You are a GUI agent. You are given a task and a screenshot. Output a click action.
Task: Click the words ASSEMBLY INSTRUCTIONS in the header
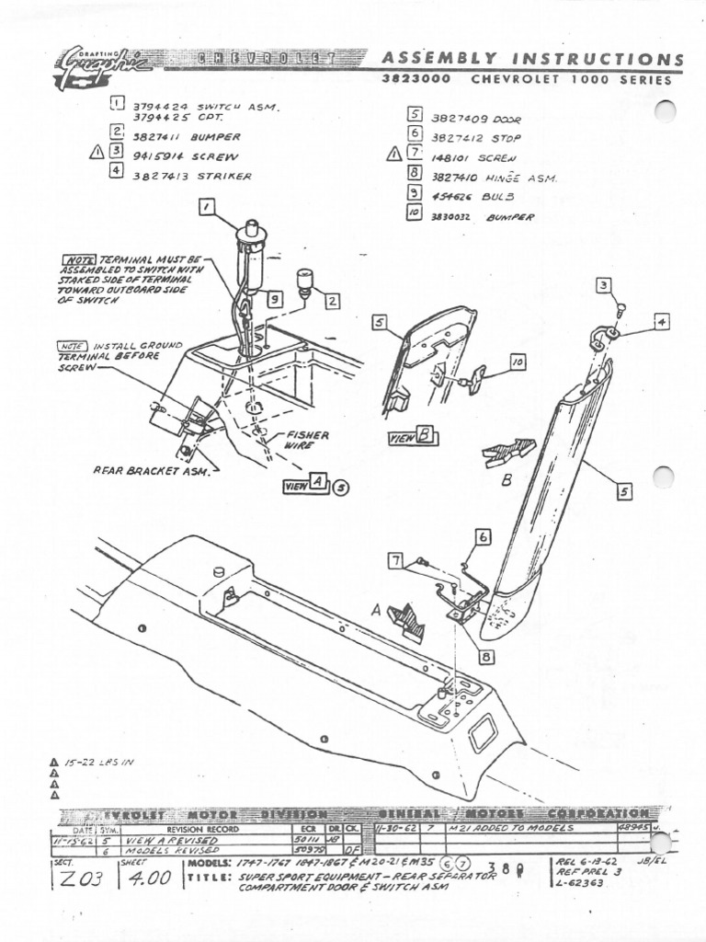(532, 60)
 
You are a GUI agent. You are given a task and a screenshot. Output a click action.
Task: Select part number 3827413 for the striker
(162, 175)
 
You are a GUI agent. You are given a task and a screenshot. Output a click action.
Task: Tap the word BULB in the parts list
(496, 197)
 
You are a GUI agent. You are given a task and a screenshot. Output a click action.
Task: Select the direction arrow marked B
(508, 452)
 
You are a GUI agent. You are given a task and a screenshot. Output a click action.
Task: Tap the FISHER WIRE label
(307, 440)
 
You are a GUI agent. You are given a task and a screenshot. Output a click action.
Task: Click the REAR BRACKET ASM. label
(152, 471)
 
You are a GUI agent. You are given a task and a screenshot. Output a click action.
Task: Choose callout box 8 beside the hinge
(485, 657)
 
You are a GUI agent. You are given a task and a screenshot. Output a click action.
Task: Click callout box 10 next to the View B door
(517, 363)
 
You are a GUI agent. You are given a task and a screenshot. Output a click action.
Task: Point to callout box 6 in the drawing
(484, 537)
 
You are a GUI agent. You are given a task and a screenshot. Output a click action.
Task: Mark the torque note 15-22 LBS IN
(99, 763)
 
